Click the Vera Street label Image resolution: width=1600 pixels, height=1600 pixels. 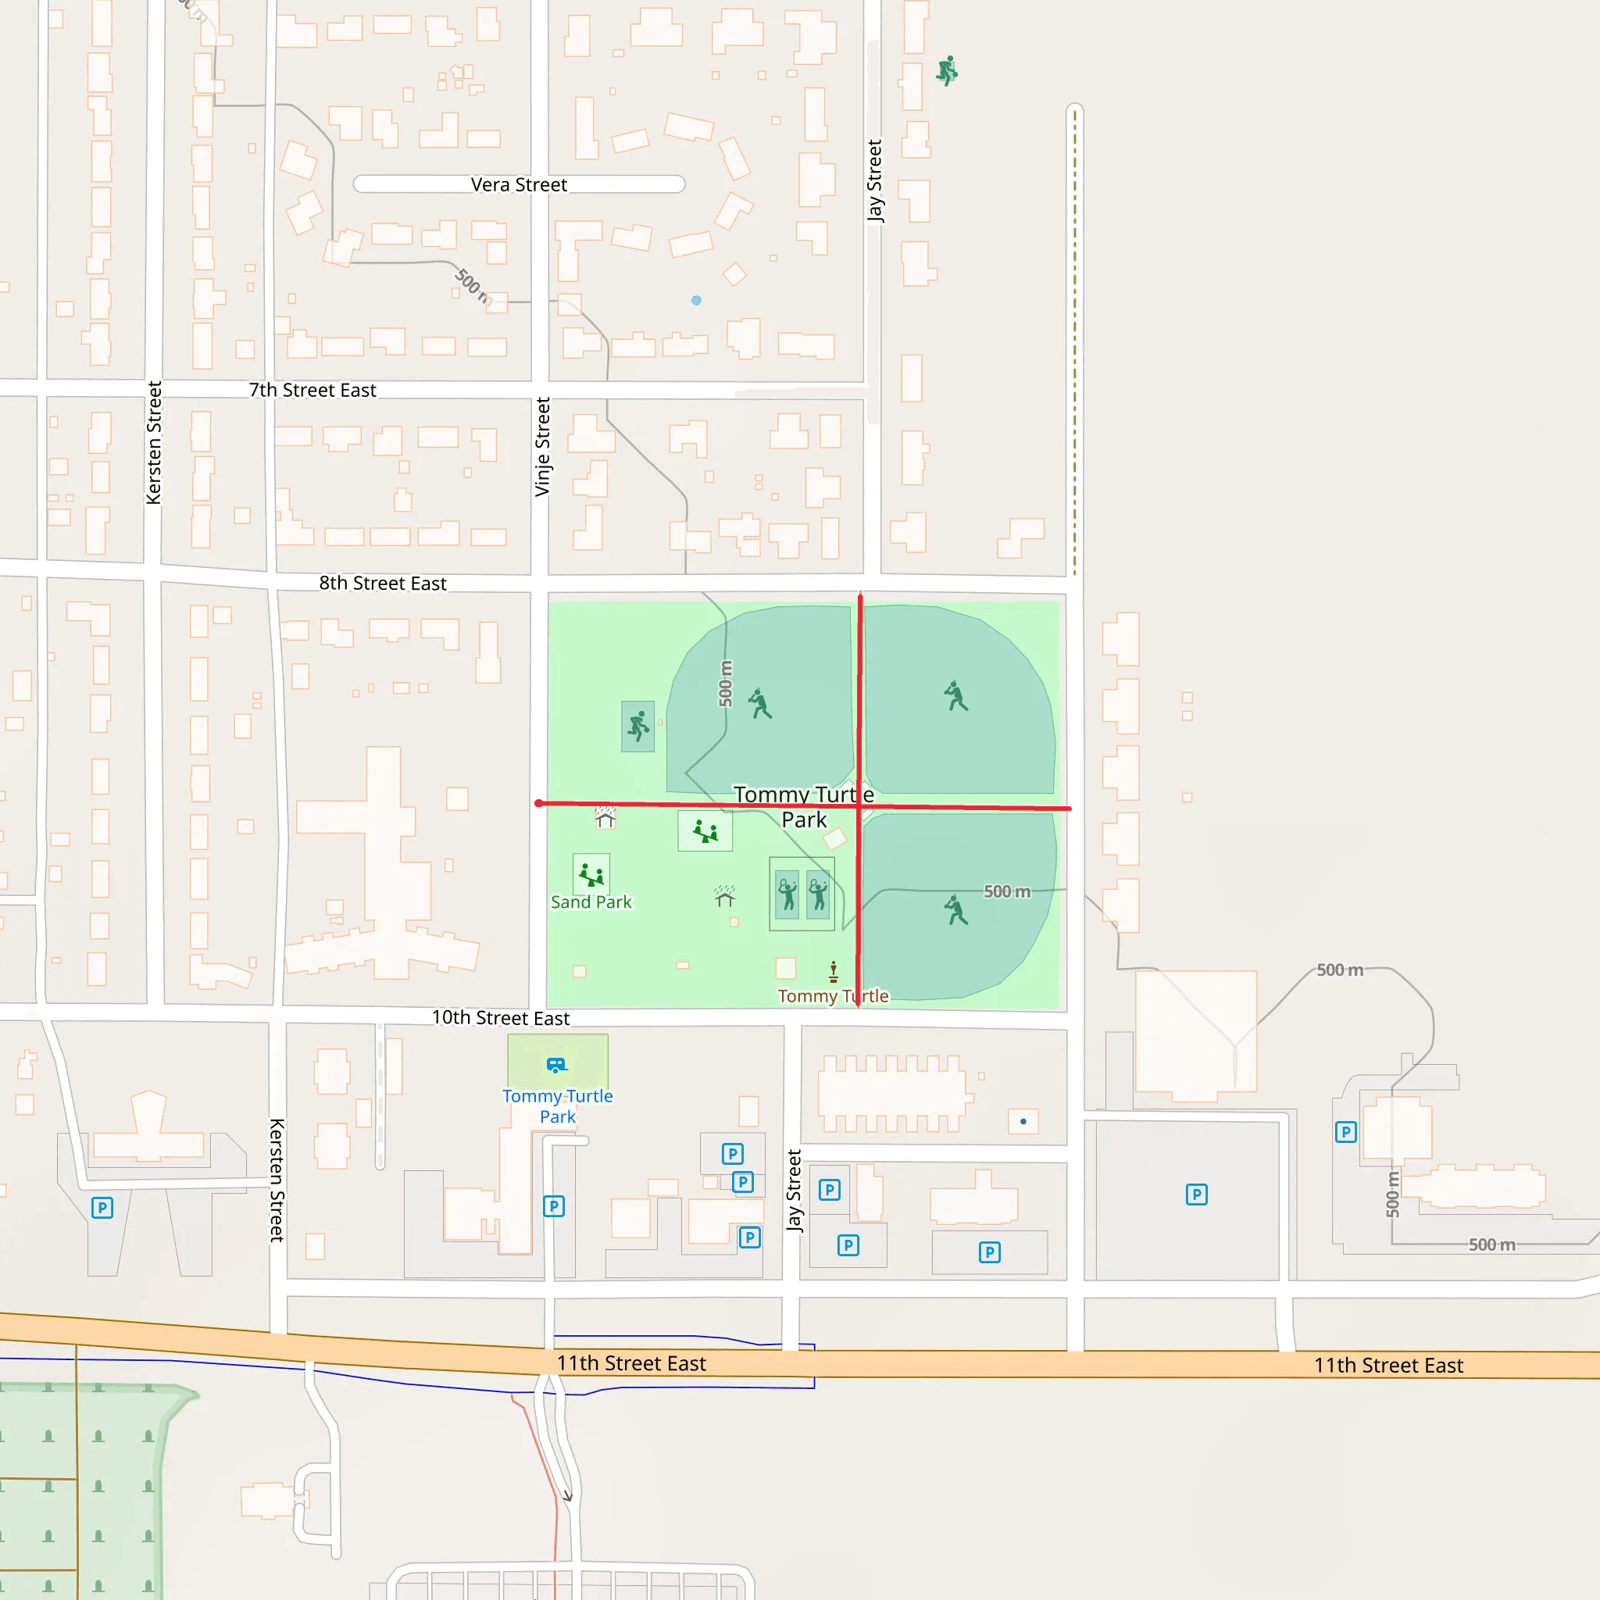[519, 184]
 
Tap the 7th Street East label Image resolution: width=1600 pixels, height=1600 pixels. [312, 390]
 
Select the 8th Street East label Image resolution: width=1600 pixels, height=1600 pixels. [383, 583]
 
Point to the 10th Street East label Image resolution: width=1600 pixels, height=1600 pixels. [500, 1018]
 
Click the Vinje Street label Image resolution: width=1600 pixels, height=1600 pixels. [542, 447]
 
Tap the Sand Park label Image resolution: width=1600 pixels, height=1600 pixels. [591, 902]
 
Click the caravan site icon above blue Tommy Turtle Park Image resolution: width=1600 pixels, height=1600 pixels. [556, 1064]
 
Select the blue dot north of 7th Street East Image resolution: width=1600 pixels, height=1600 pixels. [696, 301]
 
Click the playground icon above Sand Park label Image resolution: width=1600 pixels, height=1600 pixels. [591, 874]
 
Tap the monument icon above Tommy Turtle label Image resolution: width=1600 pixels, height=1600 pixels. [833, 970]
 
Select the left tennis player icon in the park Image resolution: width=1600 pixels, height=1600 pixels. [787, 895]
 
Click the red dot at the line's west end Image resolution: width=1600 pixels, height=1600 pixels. [539, 803]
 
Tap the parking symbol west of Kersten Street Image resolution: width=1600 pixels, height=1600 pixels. [102, 1208]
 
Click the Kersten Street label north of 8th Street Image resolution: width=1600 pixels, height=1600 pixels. [154, 443]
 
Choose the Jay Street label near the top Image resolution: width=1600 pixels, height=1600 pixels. [874, 180]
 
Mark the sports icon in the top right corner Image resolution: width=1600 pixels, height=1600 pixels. [947, 71]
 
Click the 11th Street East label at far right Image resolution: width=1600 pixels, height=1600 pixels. [1388, 1366]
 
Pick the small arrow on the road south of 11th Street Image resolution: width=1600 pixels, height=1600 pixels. [568, 1495]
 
